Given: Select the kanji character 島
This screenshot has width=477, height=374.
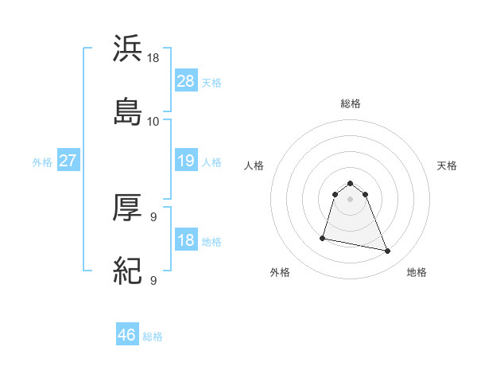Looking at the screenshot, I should coord(128,110).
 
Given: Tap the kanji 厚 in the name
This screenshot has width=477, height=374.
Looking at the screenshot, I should coord(128,208).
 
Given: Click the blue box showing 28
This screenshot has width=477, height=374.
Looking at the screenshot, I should coord(185,80).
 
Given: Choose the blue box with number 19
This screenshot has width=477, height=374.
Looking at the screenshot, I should coord(185,161).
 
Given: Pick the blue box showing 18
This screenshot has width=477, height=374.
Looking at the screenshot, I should coord(185,240).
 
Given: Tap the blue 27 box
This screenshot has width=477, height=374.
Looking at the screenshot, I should coord(68,161).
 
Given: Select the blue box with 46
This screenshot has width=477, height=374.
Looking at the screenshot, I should coord(127,335).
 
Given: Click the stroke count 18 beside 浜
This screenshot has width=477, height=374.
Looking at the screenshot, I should coord(153,59).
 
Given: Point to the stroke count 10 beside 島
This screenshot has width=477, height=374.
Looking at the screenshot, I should coord(153,121).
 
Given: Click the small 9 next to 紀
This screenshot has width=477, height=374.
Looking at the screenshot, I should coord(153,279).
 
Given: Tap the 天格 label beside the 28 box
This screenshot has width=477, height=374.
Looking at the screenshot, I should coord(211,82).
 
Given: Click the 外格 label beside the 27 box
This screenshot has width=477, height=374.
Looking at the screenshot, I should coord(42,162).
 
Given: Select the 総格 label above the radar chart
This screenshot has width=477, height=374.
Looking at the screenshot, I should coord(351,103).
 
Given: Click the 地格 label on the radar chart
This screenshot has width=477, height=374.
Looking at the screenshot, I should coord(417,272).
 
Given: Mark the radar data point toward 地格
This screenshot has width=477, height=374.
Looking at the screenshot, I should coord(388,251).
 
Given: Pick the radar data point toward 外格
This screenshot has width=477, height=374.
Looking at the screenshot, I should coord(323,237).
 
